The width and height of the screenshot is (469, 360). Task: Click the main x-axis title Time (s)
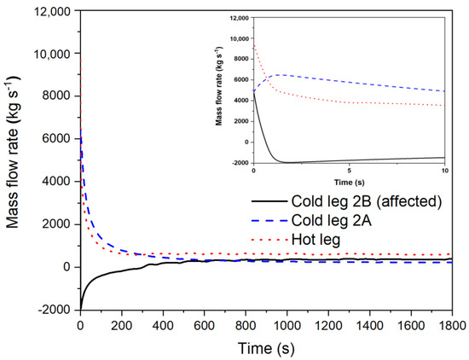tap(266, 348)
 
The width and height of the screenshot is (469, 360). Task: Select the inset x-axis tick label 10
tap(447, 171)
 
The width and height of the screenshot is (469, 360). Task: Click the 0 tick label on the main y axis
tap(70, 267)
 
